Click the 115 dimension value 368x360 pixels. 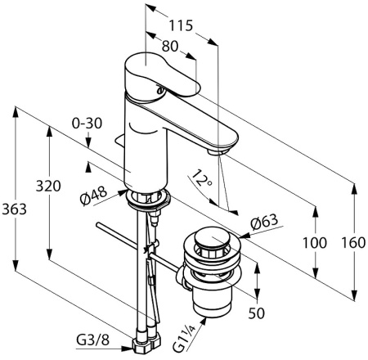click(x=181, y=26)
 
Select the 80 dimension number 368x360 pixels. click(x=170, y=47)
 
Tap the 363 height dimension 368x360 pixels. click(x=14, y=209)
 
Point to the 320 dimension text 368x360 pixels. click(x=48, y=187)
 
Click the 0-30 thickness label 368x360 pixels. click(x=87, y=124)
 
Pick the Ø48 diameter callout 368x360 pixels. click(x=93, y=196)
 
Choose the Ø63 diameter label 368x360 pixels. click(x=264, y=223)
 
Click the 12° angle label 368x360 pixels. click(x=202, y=178)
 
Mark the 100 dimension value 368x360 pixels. click(x=315, y=242)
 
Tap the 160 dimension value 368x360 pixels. click(x=353, y=242)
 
